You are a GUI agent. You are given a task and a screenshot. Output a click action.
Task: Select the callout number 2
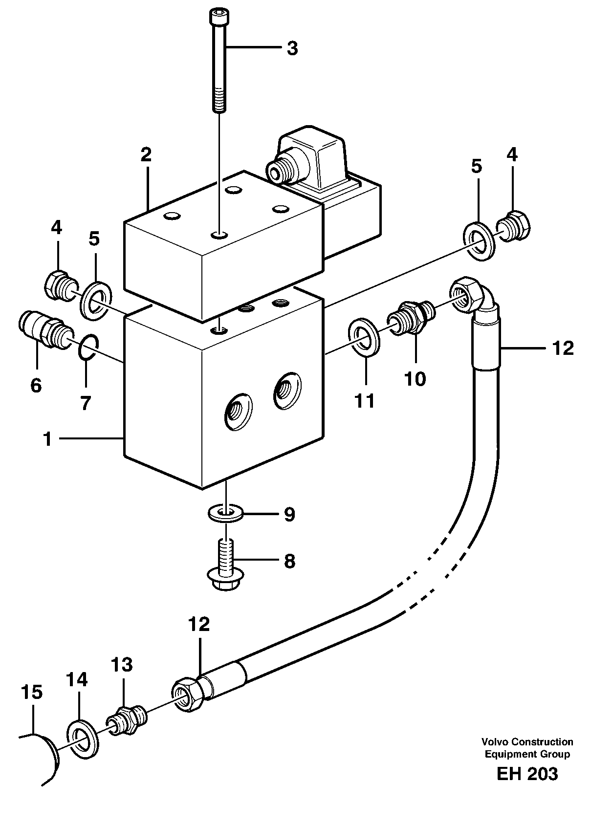146,155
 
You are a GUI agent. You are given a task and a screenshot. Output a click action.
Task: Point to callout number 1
47,439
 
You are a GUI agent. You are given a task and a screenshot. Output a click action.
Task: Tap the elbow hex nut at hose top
463,295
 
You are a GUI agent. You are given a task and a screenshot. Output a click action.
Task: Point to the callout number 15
32,692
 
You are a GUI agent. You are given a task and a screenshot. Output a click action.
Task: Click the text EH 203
526,774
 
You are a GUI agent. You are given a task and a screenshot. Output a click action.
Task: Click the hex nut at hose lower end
188,694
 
